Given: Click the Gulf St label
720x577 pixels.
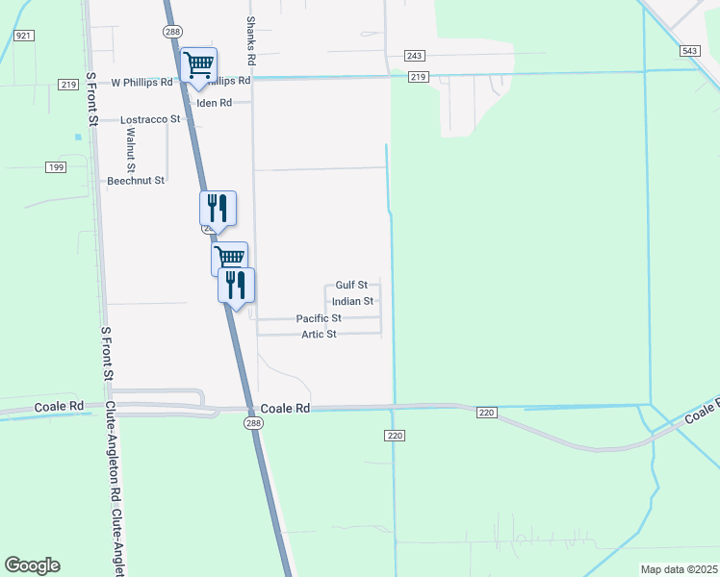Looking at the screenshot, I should pos(351,286).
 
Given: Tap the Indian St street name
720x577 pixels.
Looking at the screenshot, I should pos(352,302).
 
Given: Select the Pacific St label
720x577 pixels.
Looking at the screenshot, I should pos(319,318).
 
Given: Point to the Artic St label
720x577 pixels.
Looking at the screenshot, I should pos(319,335).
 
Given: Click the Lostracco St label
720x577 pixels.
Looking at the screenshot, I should pos(150,119).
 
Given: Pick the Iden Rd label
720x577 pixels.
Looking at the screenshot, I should pos(214,103).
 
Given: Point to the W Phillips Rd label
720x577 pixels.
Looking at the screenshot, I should pos(141,83).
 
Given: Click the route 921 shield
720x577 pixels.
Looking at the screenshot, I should pos(24,35).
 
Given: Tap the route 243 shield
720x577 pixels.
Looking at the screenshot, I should pos(415,56).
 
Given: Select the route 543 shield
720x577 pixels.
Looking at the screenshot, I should pos(689,50).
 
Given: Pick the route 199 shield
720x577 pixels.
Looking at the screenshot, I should pos(55,167).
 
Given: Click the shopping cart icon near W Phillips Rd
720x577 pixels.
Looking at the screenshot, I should pos(198,65).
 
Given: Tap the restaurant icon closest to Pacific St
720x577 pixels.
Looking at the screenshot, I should pos(236,285).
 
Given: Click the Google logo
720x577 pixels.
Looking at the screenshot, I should pos(32,565).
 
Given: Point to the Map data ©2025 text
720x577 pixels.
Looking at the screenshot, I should pos(679,569).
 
